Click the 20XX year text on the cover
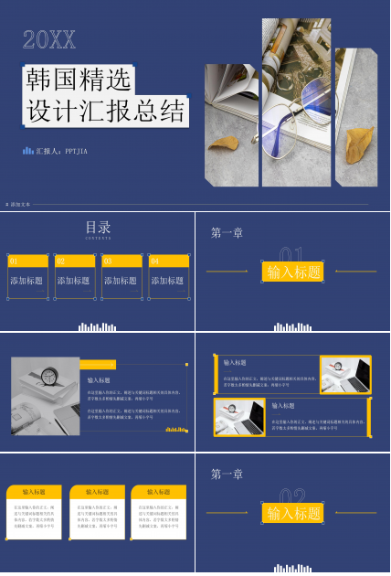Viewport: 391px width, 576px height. click(x=48, y=39)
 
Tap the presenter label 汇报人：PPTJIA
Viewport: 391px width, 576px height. click(x=60, y=152)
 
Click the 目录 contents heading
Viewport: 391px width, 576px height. click(x=98, y=228)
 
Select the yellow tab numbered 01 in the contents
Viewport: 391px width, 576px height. click(x=26, y=261)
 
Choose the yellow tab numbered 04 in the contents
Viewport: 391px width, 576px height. click(x=167, y=261)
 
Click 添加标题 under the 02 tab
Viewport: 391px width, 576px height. click(x=74, y=281)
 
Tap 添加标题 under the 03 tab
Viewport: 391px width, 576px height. click(x=121, y=281)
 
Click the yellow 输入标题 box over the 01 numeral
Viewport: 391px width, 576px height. click(x=292, y=272)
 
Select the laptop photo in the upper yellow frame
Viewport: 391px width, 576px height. click(x=344, y=374)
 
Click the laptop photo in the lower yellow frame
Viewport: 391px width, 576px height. click(x=238, y=417)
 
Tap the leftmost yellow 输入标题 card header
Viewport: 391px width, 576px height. click(x=34, y=492)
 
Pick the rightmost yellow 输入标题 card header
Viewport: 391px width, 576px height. click(x=158, y=492)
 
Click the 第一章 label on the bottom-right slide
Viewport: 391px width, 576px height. click(x=227, y=474)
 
